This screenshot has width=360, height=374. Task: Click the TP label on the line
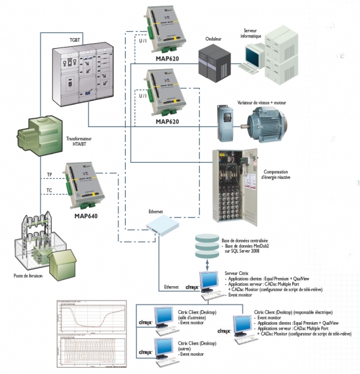(49, 175)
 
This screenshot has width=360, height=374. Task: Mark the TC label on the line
(49, 190)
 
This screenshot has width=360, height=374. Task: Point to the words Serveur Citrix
(237, 274)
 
